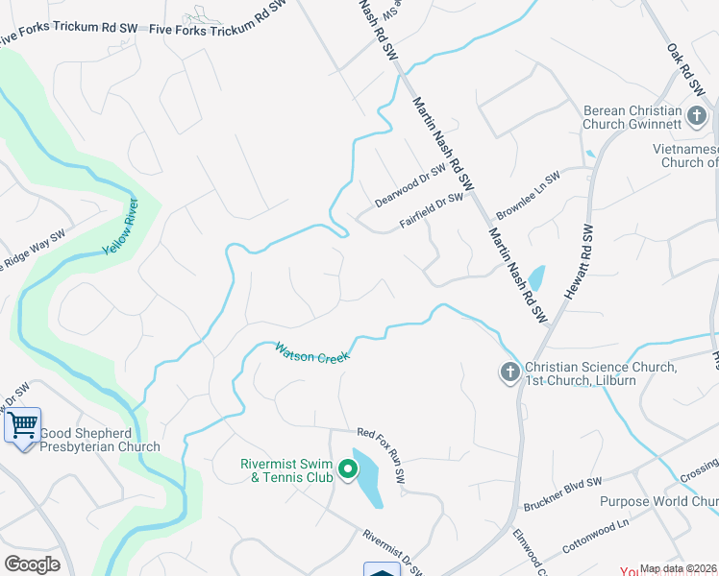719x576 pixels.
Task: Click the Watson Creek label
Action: tap(311, 351)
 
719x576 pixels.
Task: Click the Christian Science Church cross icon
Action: tap(508, 372)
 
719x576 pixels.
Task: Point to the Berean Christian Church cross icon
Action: tap(697, 117)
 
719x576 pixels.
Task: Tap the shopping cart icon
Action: tap(22, 422)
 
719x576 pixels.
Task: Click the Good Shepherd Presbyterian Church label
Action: tap(100, 440)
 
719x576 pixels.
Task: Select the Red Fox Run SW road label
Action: tap(383, 456)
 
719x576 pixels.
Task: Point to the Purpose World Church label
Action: tap(658, 502)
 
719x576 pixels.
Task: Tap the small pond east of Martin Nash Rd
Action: tap(535, 278)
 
